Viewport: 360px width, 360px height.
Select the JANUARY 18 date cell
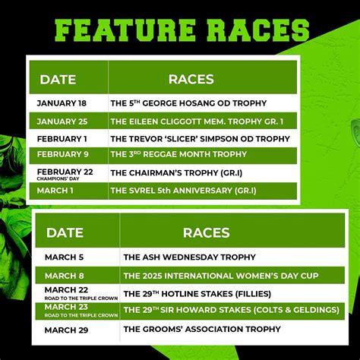[x=61, y=103]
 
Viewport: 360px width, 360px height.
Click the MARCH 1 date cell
[x=55, y=190]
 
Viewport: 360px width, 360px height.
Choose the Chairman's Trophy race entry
[x=172, y=173]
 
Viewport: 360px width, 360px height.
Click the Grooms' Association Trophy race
[x=201, y=329]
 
